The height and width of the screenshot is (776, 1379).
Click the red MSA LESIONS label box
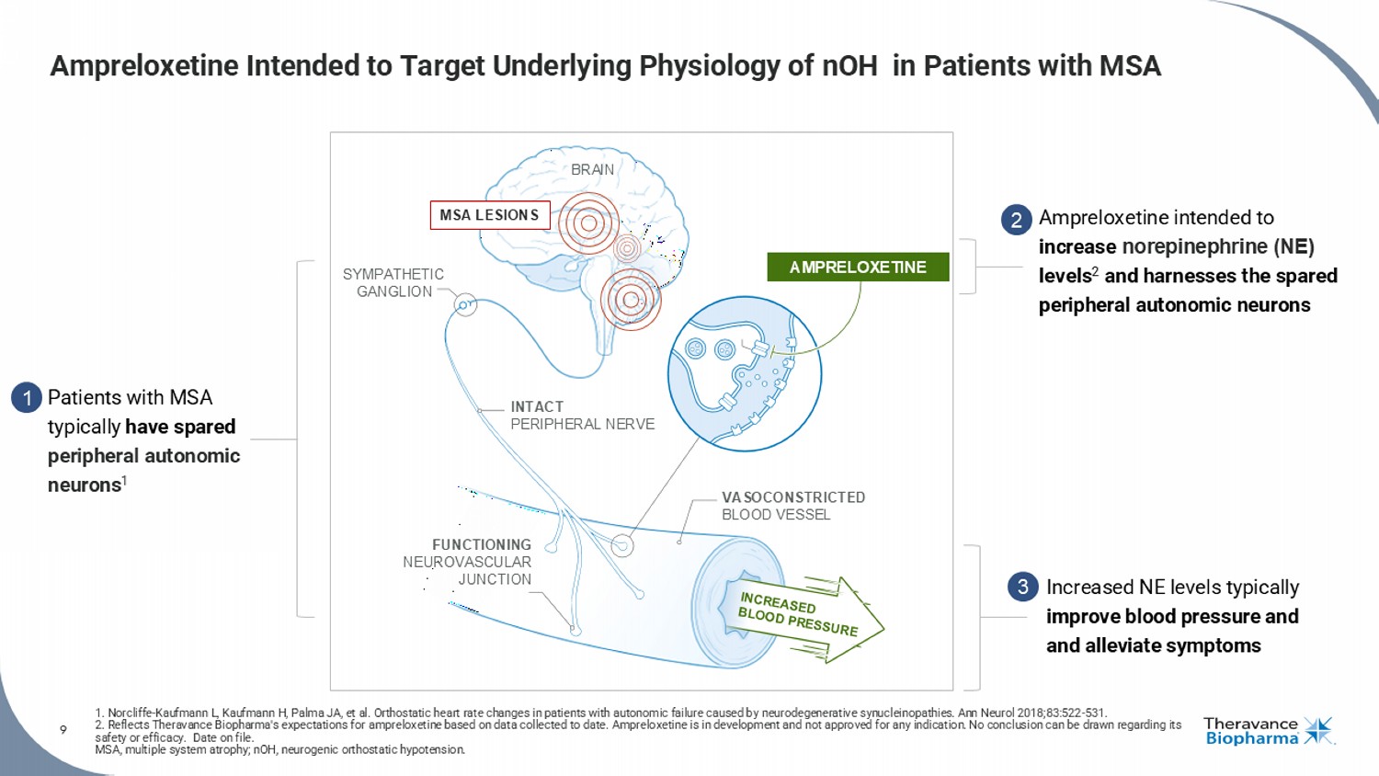490,215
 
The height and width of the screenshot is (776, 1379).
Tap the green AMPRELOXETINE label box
858,267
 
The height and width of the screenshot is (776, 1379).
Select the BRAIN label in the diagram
592,170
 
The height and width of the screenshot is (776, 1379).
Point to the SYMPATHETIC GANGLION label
393,282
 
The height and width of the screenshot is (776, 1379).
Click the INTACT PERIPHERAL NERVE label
582,416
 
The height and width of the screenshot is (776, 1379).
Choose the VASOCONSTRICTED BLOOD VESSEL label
792,506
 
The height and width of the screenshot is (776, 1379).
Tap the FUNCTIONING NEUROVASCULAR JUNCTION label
468,562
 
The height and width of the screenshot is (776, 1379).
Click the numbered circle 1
27,397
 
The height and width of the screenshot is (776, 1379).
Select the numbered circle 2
1016,220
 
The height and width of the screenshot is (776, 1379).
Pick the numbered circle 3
1022,587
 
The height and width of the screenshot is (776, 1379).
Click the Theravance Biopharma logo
1268,731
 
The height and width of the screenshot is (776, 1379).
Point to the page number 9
63,730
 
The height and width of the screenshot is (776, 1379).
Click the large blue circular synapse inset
745,373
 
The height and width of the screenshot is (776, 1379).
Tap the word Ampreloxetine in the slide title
144,66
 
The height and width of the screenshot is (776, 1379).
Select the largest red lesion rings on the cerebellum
631,300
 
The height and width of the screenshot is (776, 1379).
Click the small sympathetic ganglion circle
465,304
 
